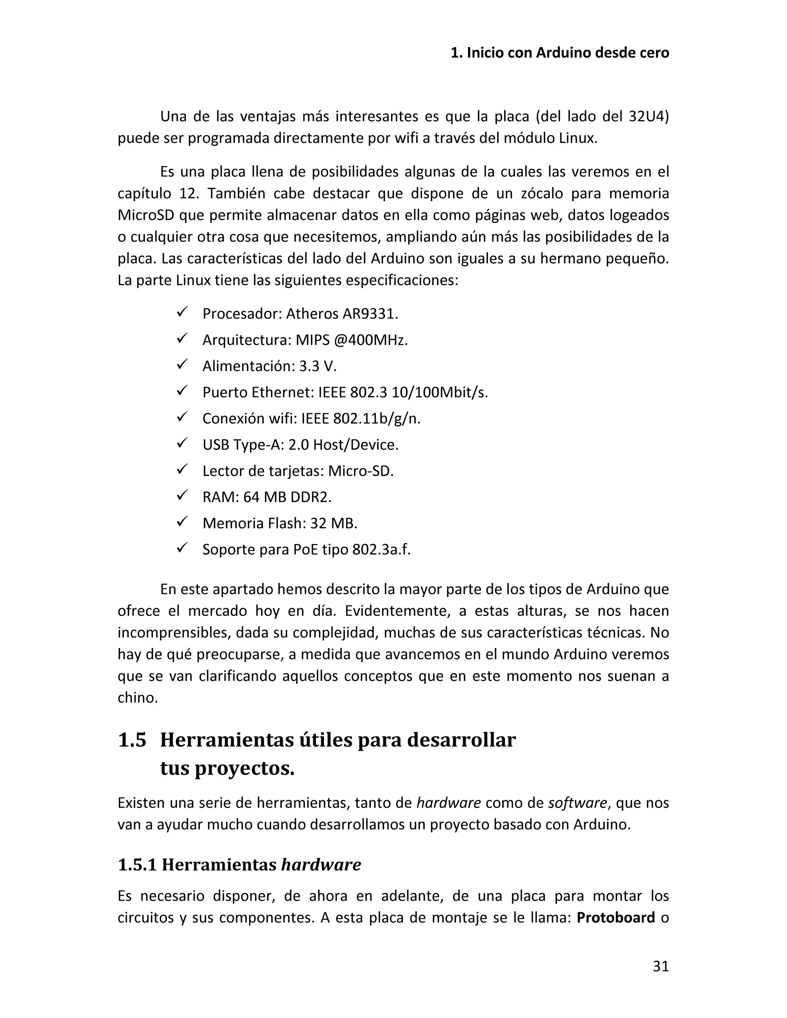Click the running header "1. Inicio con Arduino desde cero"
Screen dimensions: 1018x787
coord(560,53)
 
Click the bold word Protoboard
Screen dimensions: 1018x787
coord(616,917)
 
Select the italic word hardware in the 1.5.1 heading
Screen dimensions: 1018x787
coord(321,865)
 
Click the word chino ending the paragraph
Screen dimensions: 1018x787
coord(137,697)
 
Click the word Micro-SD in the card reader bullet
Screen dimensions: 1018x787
coord(360,471)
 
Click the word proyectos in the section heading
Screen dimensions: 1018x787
coord(244,769)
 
